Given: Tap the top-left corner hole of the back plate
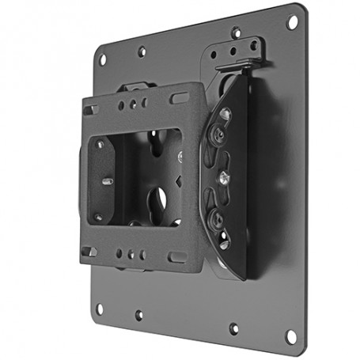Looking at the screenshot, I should pyautogui.click(x=102, y=59).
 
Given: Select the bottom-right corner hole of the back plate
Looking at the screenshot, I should pyautogui.click(x=291, y=335).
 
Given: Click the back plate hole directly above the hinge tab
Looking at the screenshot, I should pyautogui.click(x=236, y=33).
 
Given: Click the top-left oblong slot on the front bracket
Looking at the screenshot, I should pyautogui.click(x=93, y=110).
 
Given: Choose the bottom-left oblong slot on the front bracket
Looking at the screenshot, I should pyautogui.click(x=92, y=252).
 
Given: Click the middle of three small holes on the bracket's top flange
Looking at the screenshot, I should pyautogui.click(x=133, y=103).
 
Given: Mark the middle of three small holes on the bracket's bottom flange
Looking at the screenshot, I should pyautogui.click(x=131, y=255).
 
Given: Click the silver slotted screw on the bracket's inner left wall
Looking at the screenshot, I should pyautogui.click(x=107, y=181).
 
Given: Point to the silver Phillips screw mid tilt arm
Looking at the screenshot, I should pyautogui.click(x=225, y=175).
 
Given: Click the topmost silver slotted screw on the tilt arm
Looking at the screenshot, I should pyautogui.click(x=225, y=115).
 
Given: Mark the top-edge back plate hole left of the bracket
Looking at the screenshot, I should pyautogui.click(x=141, y=51).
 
